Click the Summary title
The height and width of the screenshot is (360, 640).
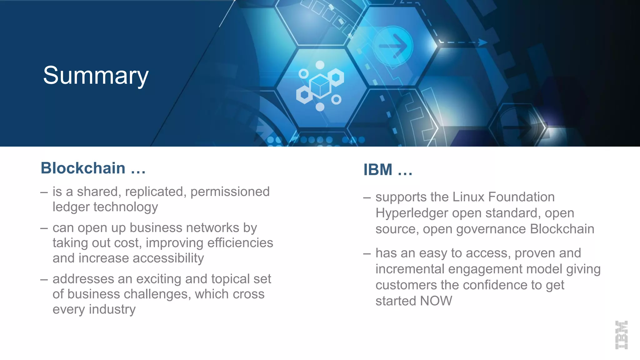coord(96,76)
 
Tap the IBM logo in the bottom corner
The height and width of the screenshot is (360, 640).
coord(621,335)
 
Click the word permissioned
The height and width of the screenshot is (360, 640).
coord(230,192)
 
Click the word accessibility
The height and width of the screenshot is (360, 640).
coord(168,258)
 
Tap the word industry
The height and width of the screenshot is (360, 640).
coord(112,309)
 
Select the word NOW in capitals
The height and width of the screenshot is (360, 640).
coord(436,301)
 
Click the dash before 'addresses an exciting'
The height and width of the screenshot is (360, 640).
coord(44,279)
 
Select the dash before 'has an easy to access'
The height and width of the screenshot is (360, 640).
coord(367,253)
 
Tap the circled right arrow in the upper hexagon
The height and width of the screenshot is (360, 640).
coord(393,46)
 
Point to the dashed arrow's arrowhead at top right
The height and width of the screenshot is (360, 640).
coord(483,42)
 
